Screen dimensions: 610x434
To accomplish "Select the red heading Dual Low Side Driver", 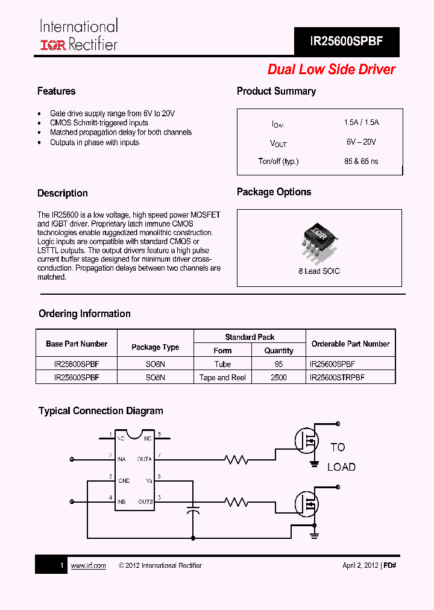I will [x=332, y=69].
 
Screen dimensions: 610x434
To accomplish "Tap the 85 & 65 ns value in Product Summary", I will [x=361, y=161].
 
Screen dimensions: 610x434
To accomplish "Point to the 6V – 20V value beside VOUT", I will [x=361, y=142].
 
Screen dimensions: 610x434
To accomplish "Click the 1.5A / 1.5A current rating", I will [x=361, y=122].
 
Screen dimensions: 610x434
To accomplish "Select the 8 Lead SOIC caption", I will [x=319, y=271].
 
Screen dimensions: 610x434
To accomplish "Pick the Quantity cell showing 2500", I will [x=278, y=377].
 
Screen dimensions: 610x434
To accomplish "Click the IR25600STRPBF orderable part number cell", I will [x=336, y=377].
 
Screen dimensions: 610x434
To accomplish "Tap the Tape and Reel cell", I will [x=222, y=377].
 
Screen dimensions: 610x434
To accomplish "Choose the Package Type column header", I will [x=155, y=347].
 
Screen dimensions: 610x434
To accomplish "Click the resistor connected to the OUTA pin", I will [x=236, y=460].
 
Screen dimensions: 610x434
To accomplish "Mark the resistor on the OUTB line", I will [x=236, y=502].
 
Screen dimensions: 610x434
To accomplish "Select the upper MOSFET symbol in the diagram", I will [x=306, y=441].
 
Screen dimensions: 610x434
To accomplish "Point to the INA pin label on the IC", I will [x=121, y=459].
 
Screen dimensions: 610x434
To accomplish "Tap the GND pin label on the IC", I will [x=124, y=480].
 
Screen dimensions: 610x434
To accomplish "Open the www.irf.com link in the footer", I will [x=88, y=565].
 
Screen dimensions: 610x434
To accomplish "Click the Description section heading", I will [x=63, y=193].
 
